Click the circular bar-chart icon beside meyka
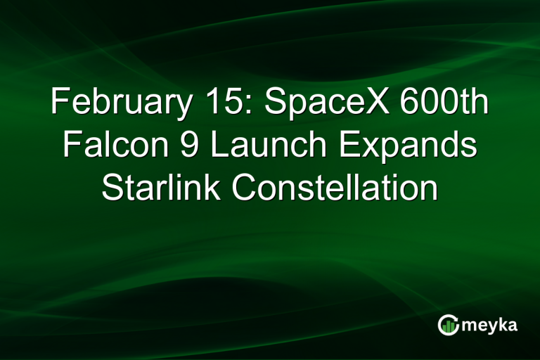447,325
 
